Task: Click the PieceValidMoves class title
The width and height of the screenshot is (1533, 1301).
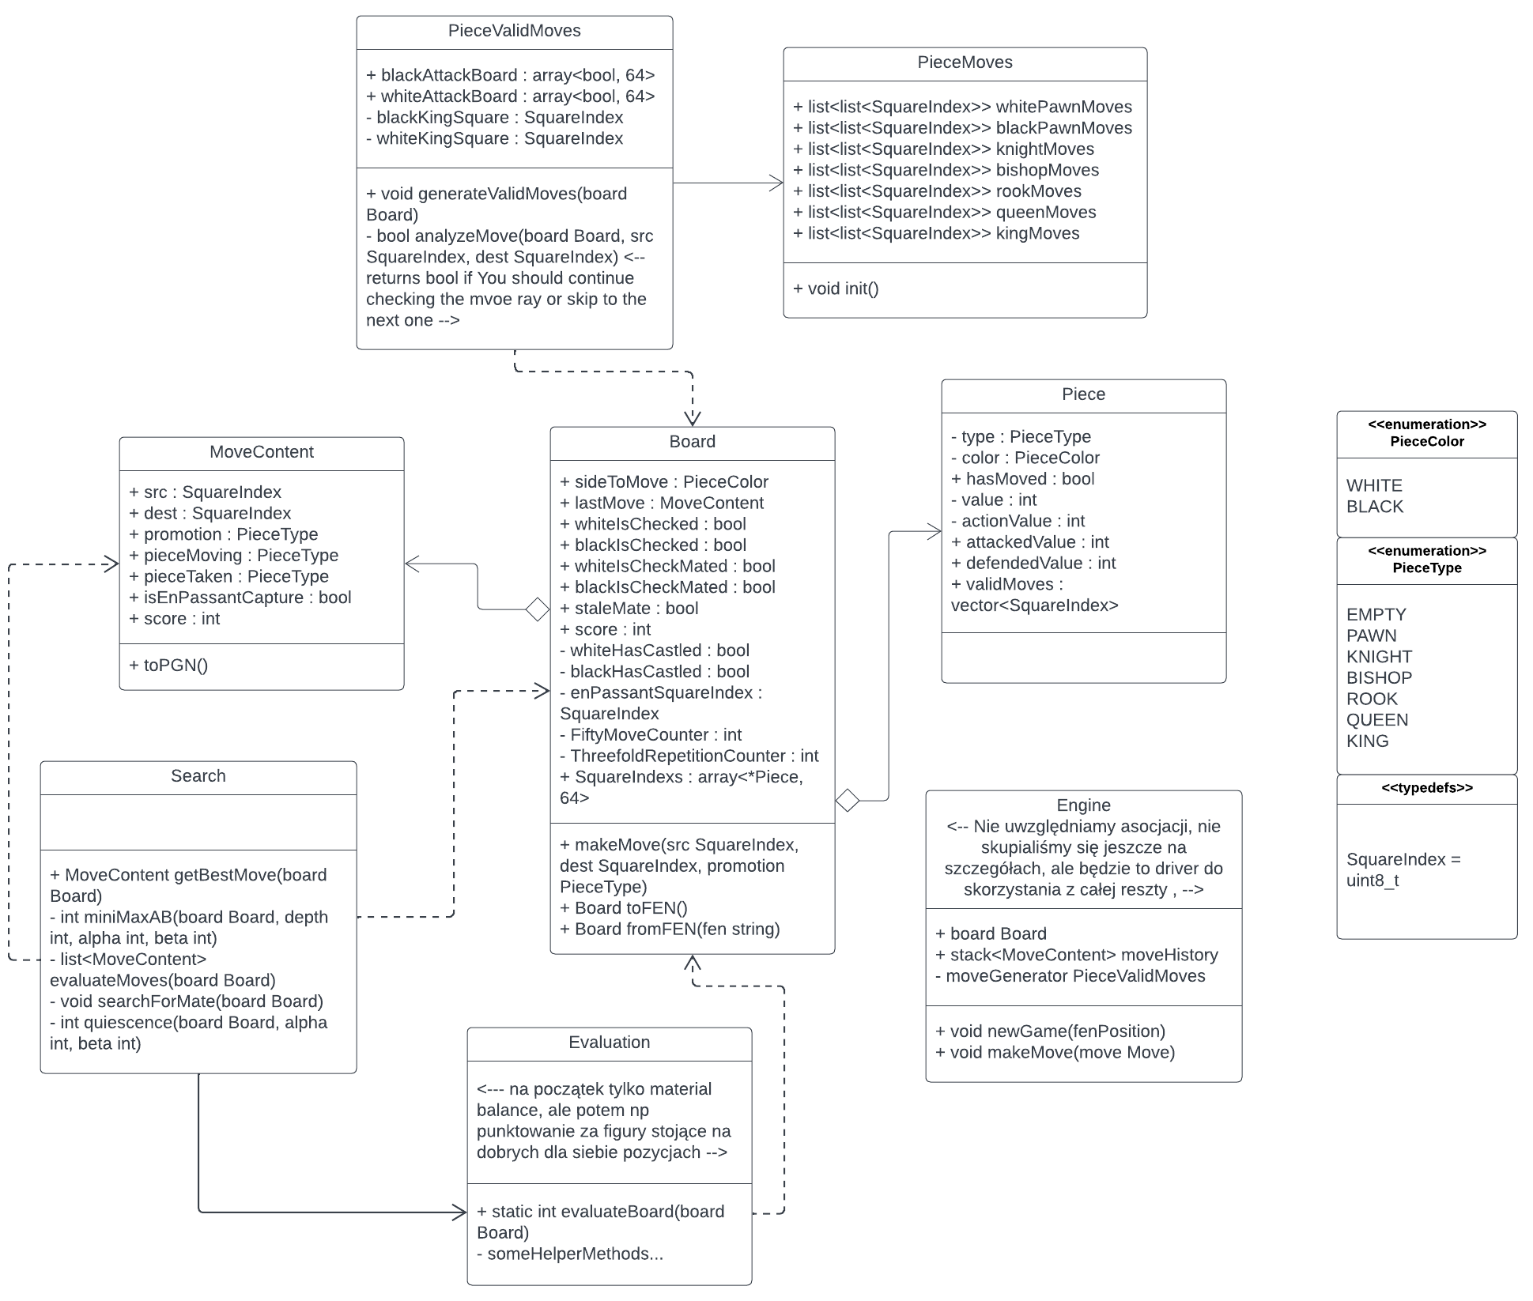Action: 514,31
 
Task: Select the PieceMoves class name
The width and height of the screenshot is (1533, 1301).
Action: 965,62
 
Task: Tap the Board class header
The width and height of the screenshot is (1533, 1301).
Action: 692,442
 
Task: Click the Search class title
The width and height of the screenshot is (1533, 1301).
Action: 198,776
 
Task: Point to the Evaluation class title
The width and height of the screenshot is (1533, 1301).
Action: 609,1043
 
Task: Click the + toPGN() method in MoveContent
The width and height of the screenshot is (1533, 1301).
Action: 168,666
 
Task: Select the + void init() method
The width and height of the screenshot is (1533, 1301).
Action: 836,288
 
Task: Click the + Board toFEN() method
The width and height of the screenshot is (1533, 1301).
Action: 623,908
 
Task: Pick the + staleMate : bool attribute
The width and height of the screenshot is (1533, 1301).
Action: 629,609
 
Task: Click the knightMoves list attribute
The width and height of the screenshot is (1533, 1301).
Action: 943,149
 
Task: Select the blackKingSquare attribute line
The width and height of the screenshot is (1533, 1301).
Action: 494,118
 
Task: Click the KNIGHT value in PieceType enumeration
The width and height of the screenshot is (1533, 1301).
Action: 1379,657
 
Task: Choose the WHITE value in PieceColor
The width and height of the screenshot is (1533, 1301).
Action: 1374,486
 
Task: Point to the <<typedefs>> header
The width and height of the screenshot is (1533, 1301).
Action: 1427,788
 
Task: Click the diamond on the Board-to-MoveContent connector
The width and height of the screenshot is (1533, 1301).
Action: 538,609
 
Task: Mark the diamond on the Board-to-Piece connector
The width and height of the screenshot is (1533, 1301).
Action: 848,801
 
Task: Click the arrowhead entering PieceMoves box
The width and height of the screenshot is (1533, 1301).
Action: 777,183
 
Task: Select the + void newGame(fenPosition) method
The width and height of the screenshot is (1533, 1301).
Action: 1050,1031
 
